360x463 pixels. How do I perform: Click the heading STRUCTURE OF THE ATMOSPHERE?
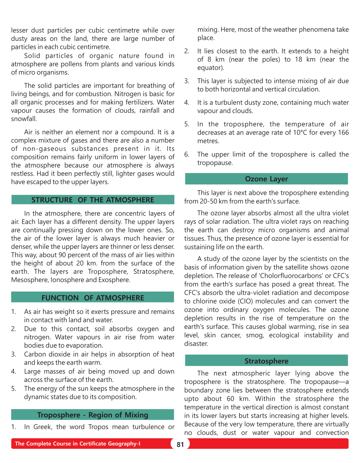[92, 200]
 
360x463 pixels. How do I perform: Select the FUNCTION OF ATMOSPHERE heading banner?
[92, 298]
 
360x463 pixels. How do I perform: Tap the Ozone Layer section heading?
[266, 179]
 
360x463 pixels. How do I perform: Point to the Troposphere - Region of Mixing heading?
[92, 415]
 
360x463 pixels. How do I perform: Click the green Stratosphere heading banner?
[266, 361]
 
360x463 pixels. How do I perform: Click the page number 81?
[180, 444]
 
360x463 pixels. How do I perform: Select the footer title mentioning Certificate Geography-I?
[78, 444]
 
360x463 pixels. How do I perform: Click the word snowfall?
[24, 119]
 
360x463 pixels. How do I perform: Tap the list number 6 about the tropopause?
[187, 155]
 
